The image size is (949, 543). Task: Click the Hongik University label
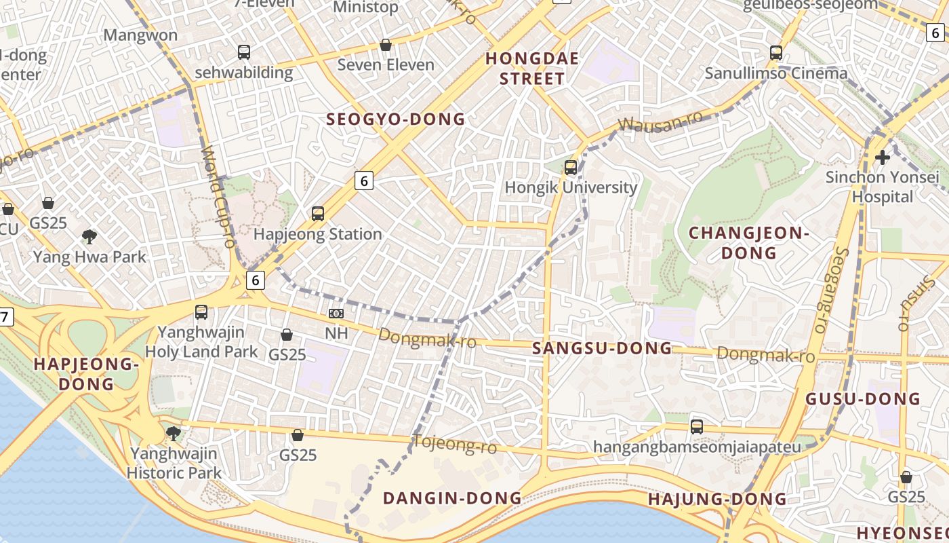point(571,187)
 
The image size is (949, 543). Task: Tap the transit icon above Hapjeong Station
point(318,214)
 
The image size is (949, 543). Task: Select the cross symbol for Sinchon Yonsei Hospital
point(882,157)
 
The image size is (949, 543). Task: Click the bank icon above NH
point(336,314)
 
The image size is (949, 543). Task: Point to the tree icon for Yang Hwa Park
point(89,237)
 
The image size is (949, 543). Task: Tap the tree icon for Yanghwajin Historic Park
point(174,433)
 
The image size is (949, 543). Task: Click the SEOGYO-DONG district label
point(396,119)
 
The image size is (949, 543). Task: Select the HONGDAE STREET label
point(532,69)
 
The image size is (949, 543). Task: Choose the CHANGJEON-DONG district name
point(749,243)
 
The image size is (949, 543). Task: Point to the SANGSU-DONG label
point(602,348)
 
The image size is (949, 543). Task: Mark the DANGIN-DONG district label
point(452,498)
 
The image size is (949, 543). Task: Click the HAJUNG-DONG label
point(717,500)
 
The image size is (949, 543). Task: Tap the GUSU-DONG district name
point(862,398)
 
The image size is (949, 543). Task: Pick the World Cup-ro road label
point(218,197)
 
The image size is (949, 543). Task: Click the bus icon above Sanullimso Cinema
point(776,52)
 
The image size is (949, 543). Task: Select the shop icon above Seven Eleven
point(386,45)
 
